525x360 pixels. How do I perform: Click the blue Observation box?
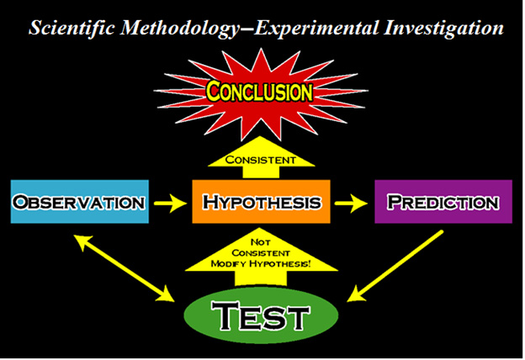point(80,202)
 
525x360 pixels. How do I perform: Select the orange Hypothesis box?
point(261,202)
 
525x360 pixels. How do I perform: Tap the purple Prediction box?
point(443,202)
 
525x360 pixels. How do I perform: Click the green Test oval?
point(261,315)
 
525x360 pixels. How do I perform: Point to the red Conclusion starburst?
point(261,93)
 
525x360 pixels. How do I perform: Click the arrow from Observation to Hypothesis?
point(171,203)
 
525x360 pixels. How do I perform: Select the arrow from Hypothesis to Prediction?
point(351,203)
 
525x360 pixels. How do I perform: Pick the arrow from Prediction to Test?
point(395,266)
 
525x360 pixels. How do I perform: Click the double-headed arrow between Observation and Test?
point(124,268)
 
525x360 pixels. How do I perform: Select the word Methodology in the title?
point(180,29)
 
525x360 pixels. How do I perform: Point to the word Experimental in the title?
point(316,29)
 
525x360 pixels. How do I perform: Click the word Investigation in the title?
point(443,29)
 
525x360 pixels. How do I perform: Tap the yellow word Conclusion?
point(259,91)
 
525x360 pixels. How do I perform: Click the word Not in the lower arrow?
point(261,242)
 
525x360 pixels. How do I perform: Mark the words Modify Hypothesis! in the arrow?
point(261,264)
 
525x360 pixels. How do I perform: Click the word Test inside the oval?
point(260,315)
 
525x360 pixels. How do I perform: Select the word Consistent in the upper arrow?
point(261,160)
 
